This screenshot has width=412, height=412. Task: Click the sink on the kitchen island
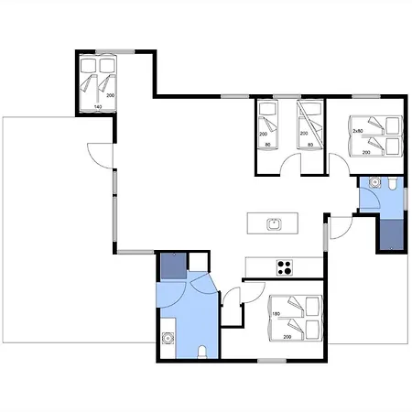tap(274, 224)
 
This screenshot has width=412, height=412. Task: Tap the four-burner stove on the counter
tap(285, 267)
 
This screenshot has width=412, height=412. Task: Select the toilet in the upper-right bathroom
tap(392, 183)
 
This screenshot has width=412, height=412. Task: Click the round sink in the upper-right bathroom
tap(374, 182)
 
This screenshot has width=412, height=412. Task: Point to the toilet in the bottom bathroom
tap(201, 352)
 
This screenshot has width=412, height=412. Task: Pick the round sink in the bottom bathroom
tap(168, 338)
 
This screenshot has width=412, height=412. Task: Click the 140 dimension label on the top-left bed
tap(98, 107)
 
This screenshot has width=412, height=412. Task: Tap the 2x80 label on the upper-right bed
tap(358, 131)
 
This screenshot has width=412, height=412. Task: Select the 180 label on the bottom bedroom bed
tap(276, 314)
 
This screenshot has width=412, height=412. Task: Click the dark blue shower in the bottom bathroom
tap(174, 266)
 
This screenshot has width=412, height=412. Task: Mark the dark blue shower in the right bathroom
tap(392, 234)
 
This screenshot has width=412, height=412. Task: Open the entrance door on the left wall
tap(100, 156)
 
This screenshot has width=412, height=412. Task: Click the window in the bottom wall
tap(272, 361)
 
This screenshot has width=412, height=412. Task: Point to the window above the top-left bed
tap(115, 51)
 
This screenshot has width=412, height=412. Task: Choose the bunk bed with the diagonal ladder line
tap(310, 125)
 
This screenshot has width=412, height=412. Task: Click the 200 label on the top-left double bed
tap(111, 95)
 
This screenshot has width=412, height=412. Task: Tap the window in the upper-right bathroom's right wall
tap(406, 199)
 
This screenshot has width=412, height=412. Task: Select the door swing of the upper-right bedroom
tap(339, 164)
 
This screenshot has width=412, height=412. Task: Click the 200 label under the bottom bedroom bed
tap(287, 337)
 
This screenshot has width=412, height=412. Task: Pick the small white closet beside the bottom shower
tap(198, 262)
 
